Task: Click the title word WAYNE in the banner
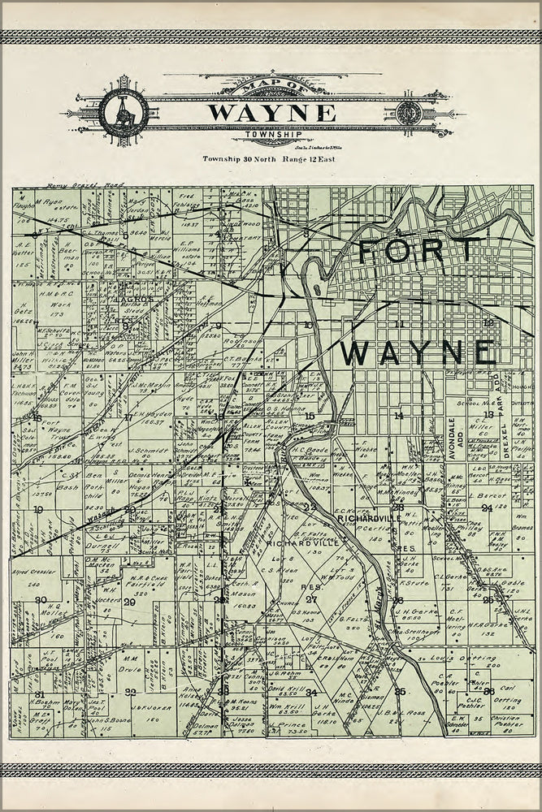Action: tap(271, 112)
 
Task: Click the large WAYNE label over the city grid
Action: tap(418, 352)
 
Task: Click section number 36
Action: tap(488, 692)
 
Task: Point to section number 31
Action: tap(39, 694)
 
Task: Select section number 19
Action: tap(38, 510)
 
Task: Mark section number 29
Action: tap(129, 602)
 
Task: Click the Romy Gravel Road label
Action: tap(73, 186)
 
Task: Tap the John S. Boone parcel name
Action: tap(106, 720)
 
